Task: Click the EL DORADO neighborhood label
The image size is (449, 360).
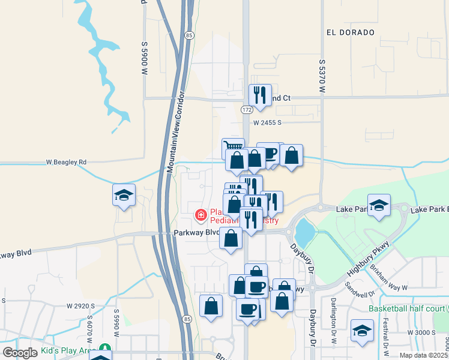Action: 351,32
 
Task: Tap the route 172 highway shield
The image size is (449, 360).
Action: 247,110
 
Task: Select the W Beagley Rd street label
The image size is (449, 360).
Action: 67,162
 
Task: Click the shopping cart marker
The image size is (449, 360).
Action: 233,147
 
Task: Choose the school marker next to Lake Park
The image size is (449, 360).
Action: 379,205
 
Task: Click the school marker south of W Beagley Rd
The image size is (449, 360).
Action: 124,196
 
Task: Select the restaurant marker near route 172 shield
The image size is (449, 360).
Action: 259,95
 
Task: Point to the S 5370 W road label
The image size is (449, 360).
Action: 322,74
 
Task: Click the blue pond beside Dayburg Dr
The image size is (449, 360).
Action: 304,231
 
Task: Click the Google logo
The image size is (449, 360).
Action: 20,352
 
